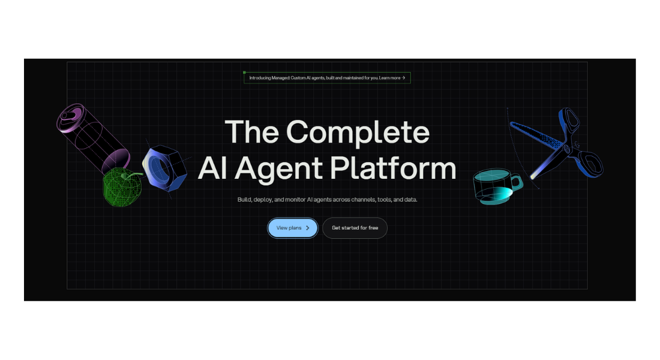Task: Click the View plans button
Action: point(292,228)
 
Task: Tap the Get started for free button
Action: point(355,228)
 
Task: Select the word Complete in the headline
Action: point(358,131)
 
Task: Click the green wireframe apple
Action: point(122,187)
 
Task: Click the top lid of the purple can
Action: point(70,118)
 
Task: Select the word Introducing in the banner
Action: point(262,78)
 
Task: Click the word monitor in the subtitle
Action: point(294,199)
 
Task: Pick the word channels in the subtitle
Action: point(362,199)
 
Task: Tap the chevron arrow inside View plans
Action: point(308,228)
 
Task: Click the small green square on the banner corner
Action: point(244,73)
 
